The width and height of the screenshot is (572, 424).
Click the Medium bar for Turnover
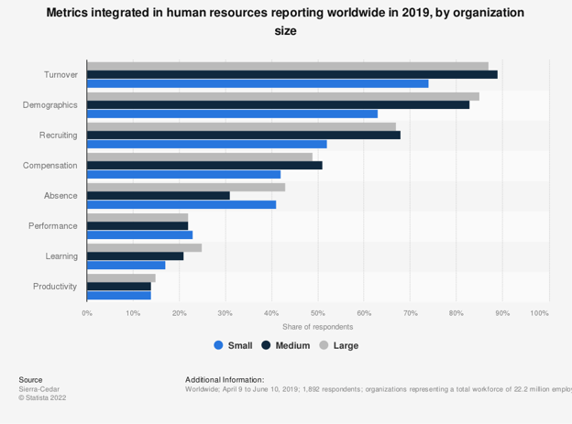[292, 74]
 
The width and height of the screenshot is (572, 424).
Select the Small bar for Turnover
[258, 83]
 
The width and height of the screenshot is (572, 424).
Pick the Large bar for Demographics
[283, 95]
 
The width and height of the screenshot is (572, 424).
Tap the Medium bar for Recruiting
[244, 135]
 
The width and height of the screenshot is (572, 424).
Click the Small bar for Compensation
[184, 174]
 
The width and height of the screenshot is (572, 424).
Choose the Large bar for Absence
[186, 186]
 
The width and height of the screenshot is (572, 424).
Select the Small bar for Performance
[140, 234]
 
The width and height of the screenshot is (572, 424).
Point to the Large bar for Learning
[145, 247]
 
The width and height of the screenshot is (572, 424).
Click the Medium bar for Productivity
[119, 287]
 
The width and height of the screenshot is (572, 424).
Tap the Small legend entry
[233, 345]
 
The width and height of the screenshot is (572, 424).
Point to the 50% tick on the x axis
[317, 313]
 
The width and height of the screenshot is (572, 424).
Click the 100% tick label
[540, 313]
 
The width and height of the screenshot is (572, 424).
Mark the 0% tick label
[87, 313]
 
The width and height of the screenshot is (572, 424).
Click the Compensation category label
[49, 165]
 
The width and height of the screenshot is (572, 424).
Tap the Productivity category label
[55, 287]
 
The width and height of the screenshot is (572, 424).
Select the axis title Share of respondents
[317, 327]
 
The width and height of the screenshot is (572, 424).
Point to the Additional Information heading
[225, 379]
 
